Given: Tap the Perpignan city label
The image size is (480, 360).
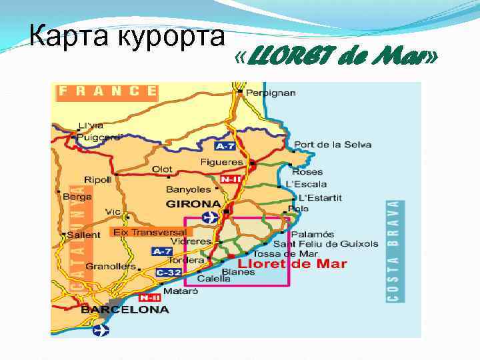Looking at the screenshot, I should pyautogui.click(x=271, y=92).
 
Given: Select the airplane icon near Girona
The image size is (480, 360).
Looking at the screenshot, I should pyautogui.click(x=209, y=217).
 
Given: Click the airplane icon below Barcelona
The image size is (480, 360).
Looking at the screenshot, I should pyautogui.click(x=101, y=329).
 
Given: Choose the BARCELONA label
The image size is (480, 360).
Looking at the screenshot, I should pyautogui.click(x=125, y=309).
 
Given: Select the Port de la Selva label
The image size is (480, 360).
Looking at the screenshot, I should pyautogui.click(x=333, y=145).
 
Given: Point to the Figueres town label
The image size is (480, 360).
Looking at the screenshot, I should pyautogui.click(x=221, y=162).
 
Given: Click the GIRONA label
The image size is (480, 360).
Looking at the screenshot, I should pyautogui.click(x=193, y=203).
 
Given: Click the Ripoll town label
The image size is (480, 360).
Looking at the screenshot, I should pyautogui.click(x=98, y=180).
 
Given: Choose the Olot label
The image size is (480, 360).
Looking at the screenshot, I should pyautogui.click(x=162, y=169).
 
